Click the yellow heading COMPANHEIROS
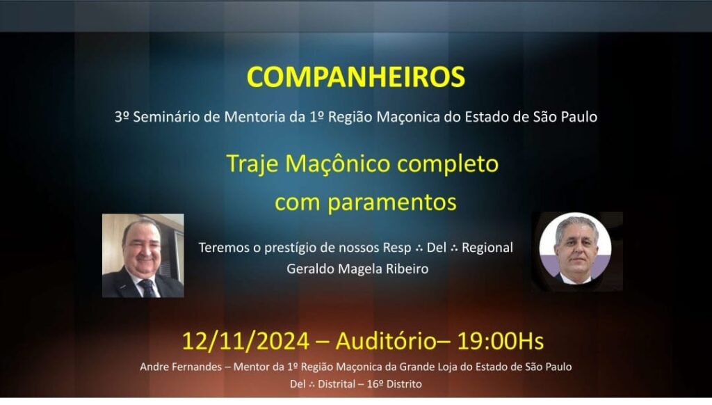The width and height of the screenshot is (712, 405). (x=355, y=77)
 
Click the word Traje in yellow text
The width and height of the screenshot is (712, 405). (x=252, y=164)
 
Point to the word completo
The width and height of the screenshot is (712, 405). (x=448, y=164)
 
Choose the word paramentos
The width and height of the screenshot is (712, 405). (x=392, y=202)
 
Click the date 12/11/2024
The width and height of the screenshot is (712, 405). (x=245, y=341)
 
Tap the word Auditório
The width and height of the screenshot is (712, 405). (x=386, y=341)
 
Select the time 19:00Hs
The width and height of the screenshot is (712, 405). (x=500, y=341)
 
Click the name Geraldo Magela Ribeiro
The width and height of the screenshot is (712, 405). (x=357, y=269)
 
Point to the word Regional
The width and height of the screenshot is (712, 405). (x=487, y=248)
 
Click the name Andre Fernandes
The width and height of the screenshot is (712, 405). (x=181, y=367)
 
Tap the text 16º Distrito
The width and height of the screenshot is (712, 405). (x=394, y=384)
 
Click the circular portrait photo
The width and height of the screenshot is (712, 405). (x=575, y=248)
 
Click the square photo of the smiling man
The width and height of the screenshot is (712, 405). (x=143, y=255)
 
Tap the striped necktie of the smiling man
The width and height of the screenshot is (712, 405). (x=148, y=287)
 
